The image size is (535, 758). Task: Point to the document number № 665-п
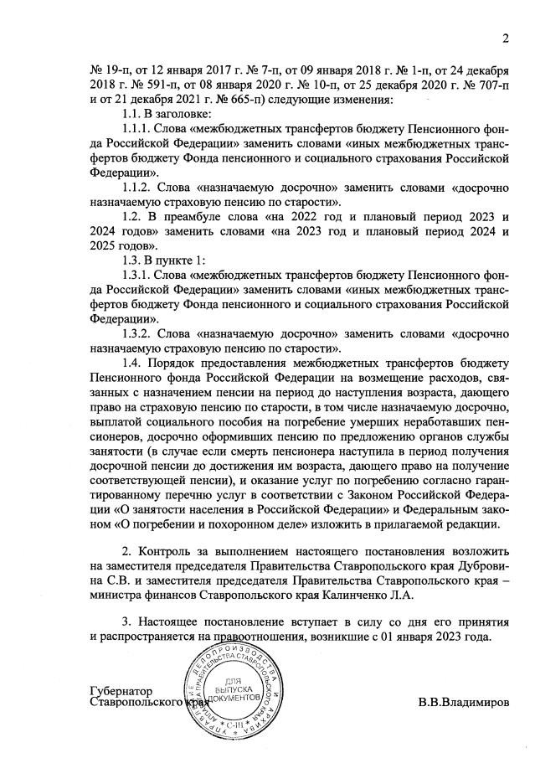pyautogui.click(x=239, y=101)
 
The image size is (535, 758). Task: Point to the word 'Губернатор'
pyautogui.click(x=121, y=691)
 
